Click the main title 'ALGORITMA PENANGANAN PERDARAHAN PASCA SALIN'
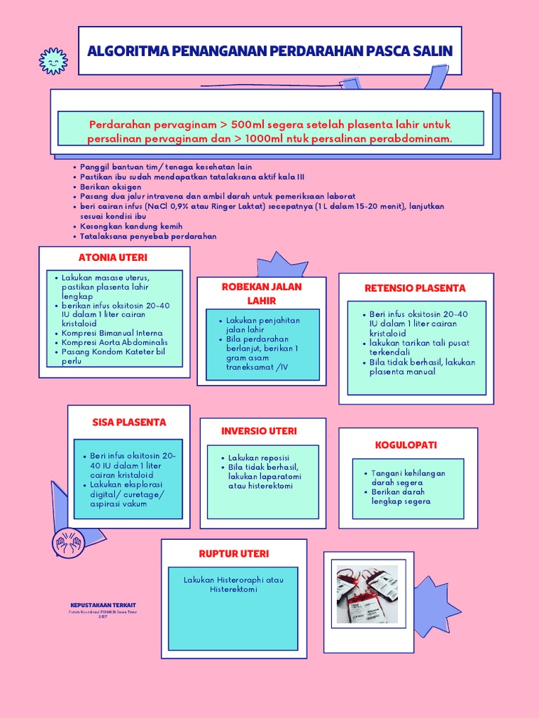pos(269,51)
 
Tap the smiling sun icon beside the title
pos(53,62)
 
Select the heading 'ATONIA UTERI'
pos(108,257)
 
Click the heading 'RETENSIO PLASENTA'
pos(415,288)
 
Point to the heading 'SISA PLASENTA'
pos(129,422)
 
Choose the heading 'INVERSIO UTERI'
pos(259,431)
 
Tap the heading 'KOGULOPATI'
pos(406,445)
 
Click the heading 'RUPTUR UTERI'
pos(233,553)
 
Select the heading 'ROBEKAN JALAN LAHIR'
pos(262,294)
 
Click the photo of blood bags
pos(367,594)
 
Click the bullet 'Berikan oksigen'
pos(111,187)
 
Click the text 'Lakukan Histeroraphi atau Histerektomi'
pos(234,585)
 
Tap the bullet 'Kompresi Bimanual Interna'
pos(112,333)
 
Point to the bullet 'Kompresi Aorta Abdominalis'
pos(115,342)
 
